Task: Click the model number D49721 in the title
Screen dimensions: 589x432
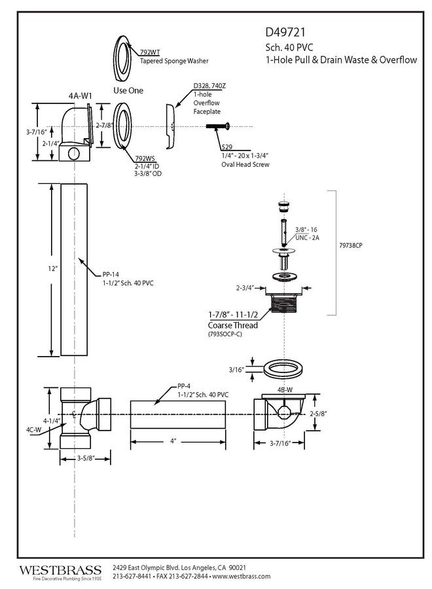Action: [285, 31]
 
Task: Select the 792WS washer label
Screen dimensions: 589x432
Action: [145, 158]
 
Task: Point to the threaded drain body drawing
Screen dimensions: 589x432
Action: [283, 306]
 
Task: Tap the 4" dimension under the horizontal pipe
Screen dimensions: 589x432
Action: [174, 441]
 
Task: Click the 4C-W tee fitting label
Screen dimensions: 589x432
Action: [34, 430]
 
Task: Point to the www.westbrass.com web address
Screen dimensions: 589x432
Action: [242, 576]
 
